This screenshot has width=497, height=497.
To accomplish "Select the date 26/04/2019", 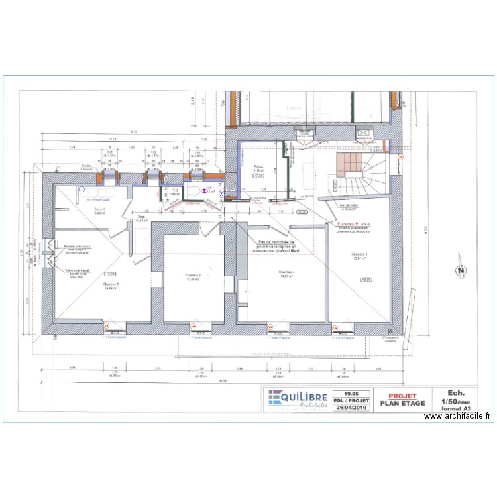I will (x=351, y=408).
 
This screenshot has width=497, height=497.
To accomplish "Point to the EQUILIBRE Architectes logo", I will (x=298, y=400).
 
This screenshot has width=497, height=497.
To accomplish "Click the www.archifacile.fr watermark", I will (x=459, y=416).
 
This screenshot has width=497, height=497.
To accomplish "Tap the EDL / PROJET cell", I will (x=351, y=400).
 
